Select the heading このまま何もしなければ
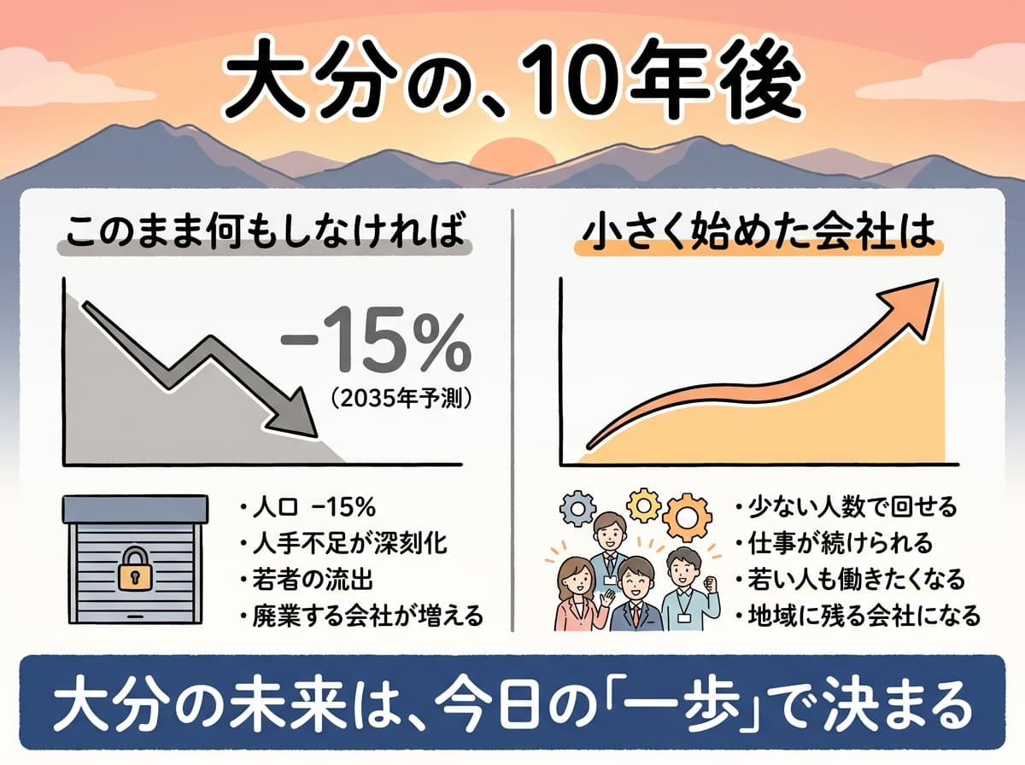pyautogui.click(x=262, y=232)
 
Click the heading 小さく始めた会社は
pyautogui.click(x=757, y=232)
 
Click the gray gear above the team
pyautogui.click(x=575, y=510)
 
